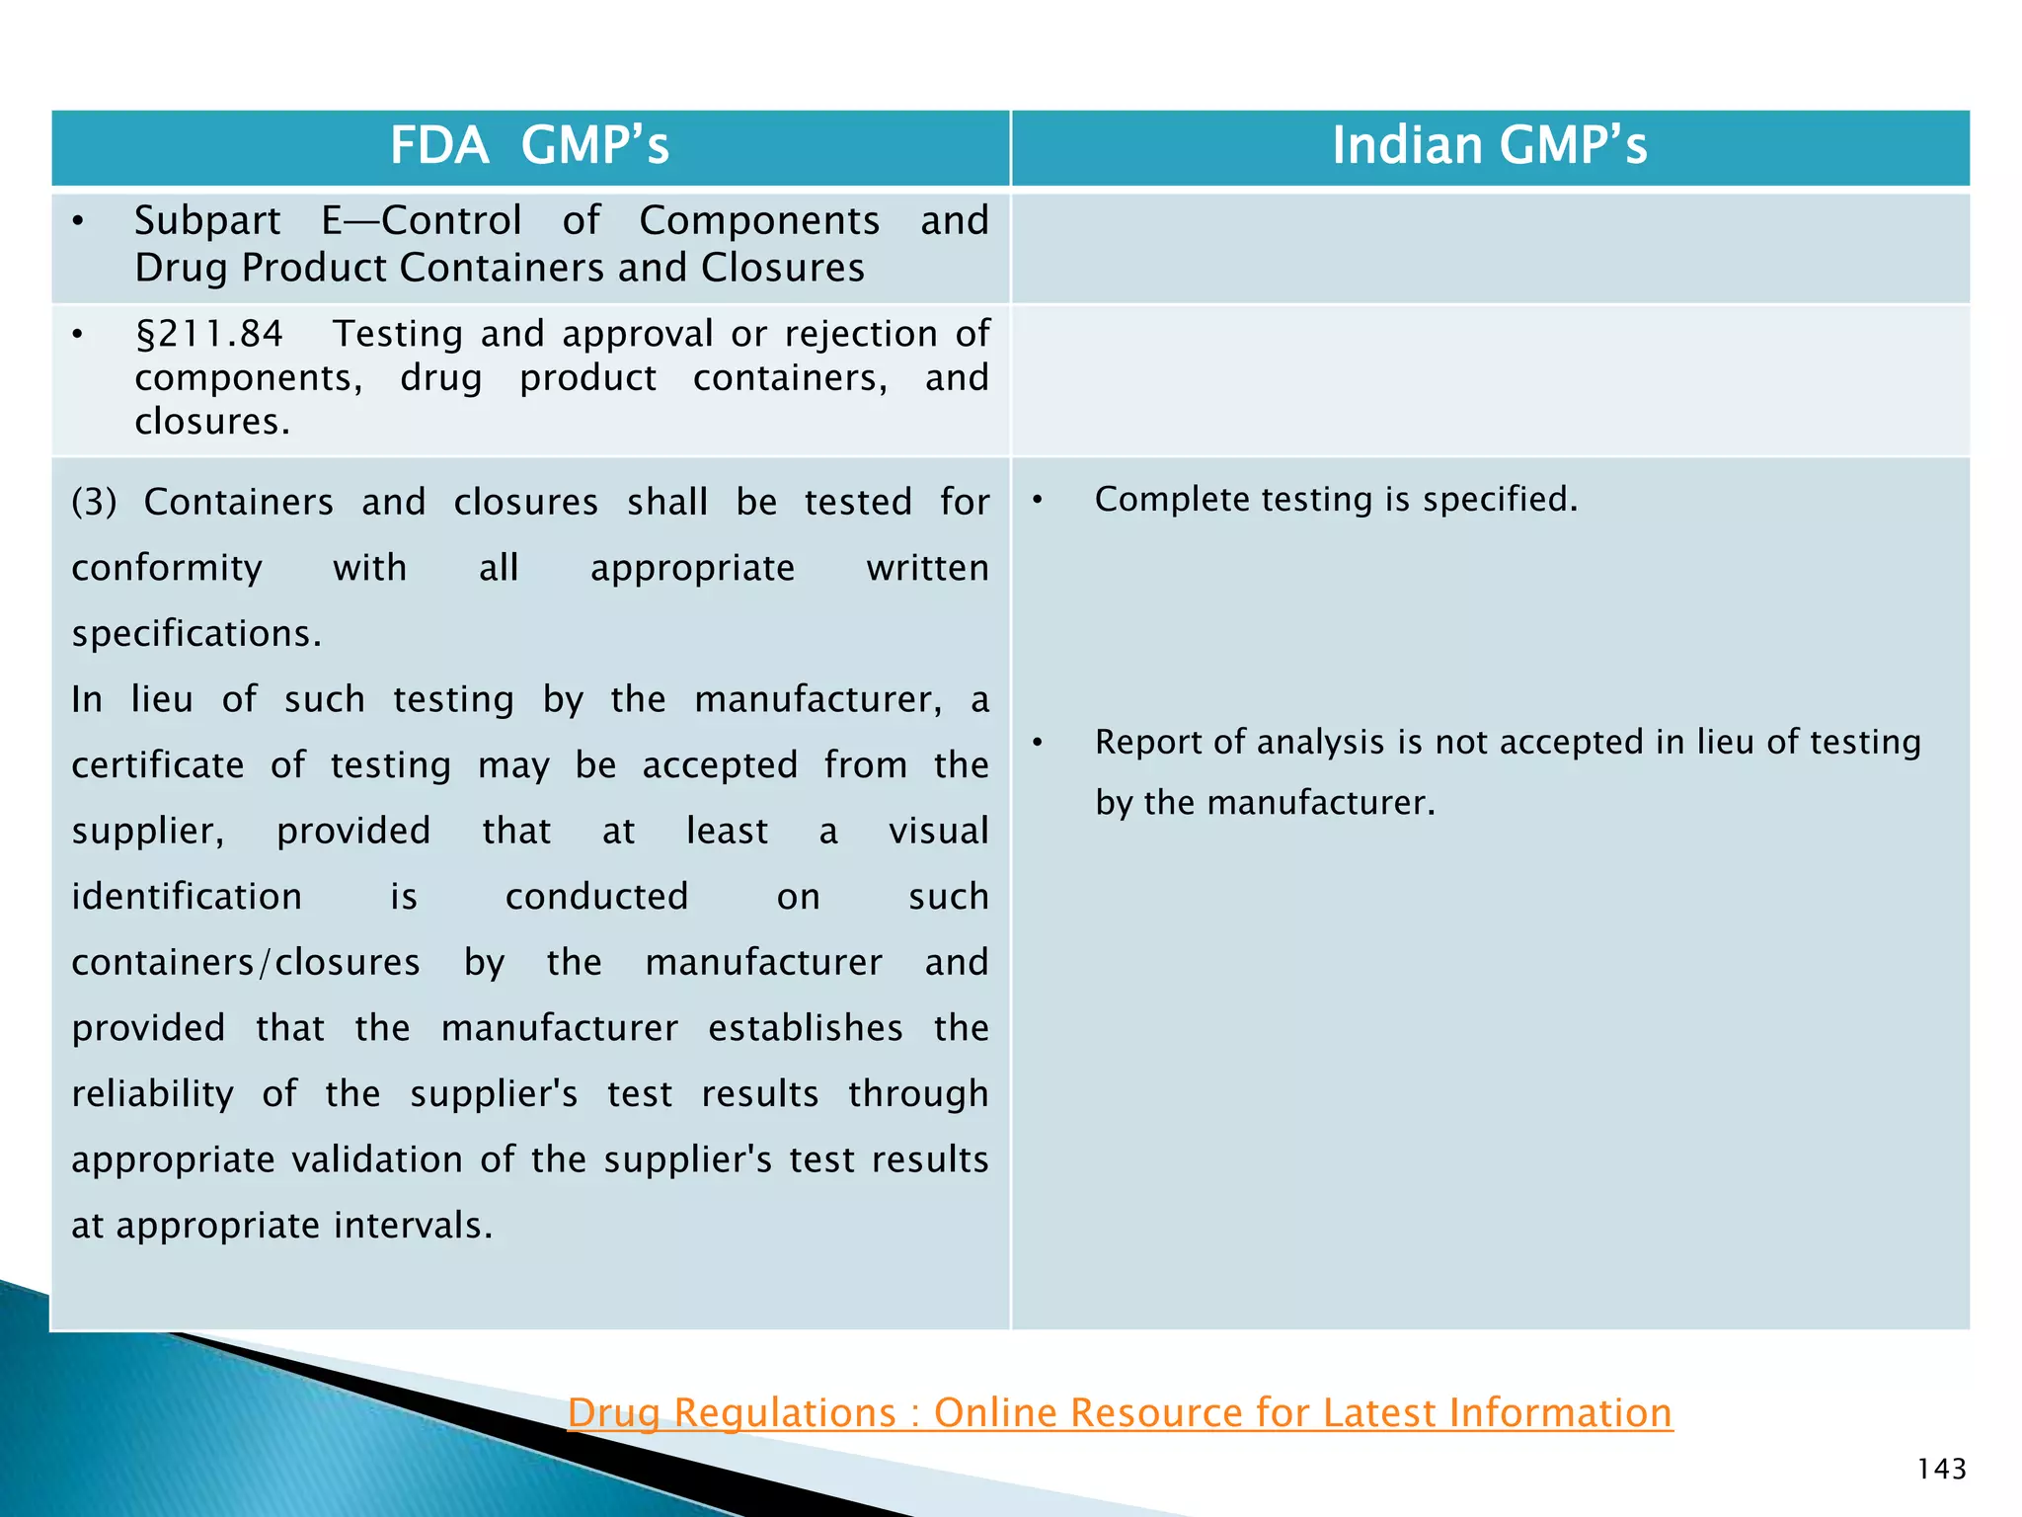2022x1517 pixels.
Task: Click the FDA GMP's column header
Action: (x=529, y=146)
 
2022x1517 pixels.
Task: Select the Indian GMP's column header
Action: (x=1489, y=146)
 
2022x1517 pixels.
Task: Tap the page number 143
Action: (x=1941, y=1469)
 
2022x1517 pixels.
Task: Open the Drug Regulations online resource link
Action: (x=1120, y=1412)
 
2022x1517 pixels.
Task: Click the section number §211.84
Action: (x=208, y=334)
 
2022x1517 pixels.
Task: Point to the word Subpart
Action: (x=207, y=220)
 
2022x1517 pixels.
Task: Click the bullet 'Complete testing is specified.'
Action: (x=1336, y=499)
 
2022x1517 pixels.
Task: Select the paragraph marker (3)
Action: (x=94, y=502)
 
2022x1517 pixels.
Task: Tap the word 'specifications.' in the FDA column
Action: (x=196, y=633)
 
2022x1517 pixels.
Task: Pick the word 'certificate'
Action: (x=158, y=765)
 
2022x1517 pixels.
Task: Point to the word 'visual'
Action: (x=938, y=831)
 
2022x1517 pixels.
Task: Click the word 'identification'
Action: (x=187, y=897)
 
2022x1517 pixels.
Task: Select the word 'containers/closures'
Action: (x=246, y=962)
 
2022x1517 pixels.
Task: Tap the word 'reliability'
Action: (x=153, y=1093)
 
